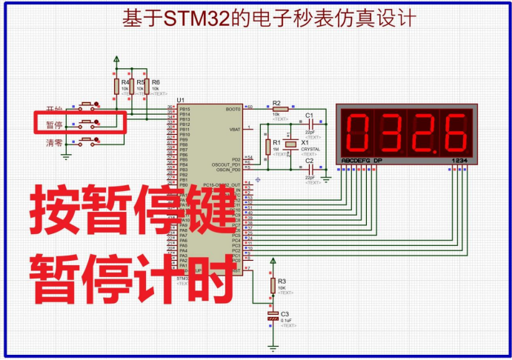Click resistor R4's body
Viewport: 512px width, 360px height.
(x=116, y=87)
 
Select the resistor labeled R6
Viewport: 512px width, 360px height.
(x=147, y=87)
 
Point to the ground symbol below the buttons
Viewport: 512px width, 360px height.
(x=65, y=155)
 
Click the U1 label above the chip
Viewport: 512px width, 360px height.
(x=180, y=100)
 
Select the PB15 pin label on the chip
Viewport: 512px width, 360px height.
(x=185, y=108)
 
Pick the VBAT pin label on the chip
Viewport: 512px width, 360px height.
(x=236, y=129)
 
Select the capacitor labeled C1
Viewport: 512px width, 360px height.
(x=309, y=124)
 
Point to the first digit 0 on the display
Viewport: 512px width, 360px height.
(x=357, y=130)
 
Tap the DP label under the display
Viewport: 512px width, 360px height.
(x=378, y=161)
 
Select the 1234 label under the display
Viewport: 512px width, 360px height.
(x=459, y=161)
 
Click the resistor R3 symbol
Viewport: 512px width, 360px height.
(x=273, y=284)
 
